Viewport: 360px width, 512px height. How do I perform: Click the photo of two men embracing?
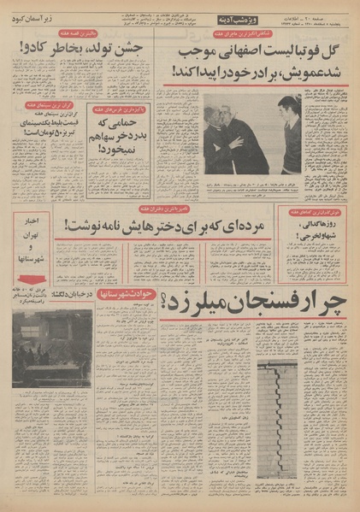(x=251, y=133)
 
